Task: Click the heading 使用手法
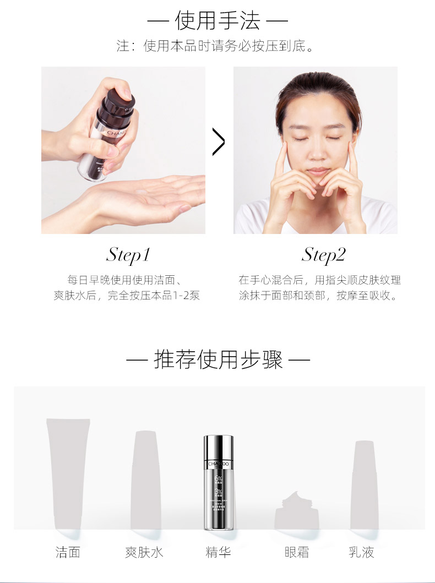point(218,21)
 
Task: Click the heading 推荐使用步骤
point(218,360)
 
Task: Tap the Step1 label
point(128,254)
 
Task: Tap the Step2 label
point(323,254)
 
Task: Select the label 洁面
point(68,552)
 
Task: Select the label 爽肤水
point(144,552)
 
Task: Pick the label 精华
point(218,552)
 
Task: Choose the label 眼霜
point(297,552)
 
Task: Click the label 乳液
point(361,552)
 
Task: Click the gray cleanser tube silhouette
point(67,473)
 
